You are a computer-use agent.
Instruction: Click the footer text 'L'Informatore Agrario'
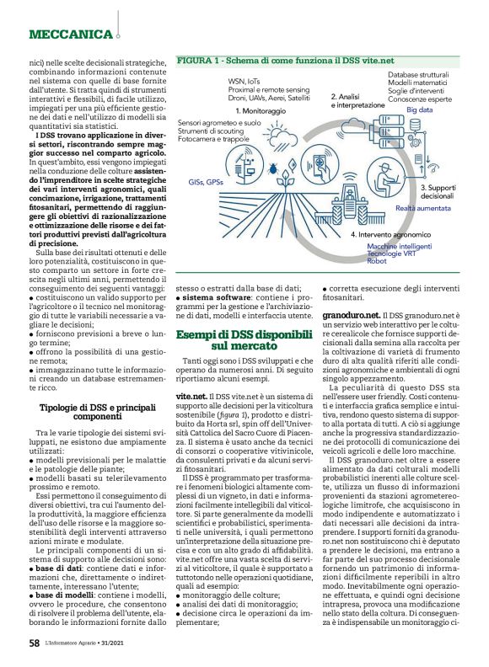(x=80, y=643)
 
